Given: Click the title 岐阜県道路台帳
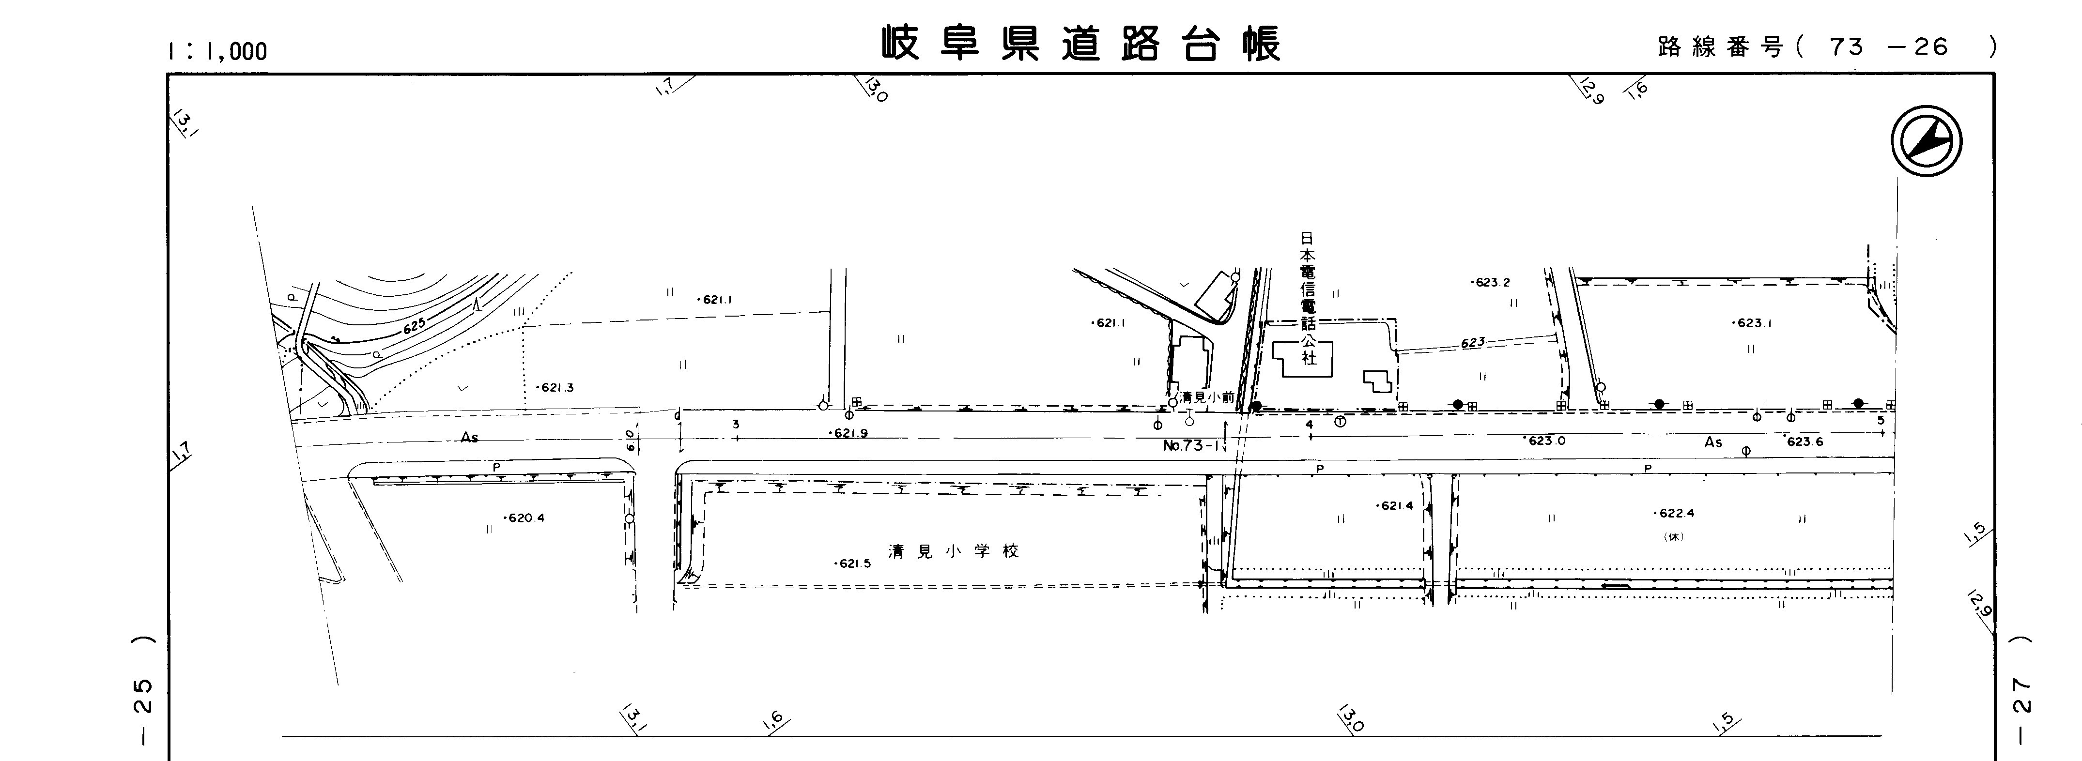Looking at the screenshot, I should tap(1081, 45).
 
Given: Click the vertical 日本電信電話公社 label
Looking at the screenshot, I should tap(1307, 299).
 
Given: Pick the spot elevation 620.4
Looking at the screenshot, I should tap(525, 518).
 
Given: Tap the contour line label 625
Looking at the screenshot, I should tap(414, 326).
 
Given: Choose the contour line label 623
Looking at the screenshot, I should tap(1473, 343).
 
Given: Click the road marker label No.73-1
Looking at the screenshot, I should tap(1190, 445).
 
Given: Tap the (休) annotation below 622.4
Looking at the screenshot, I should tap(1673, 536).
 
